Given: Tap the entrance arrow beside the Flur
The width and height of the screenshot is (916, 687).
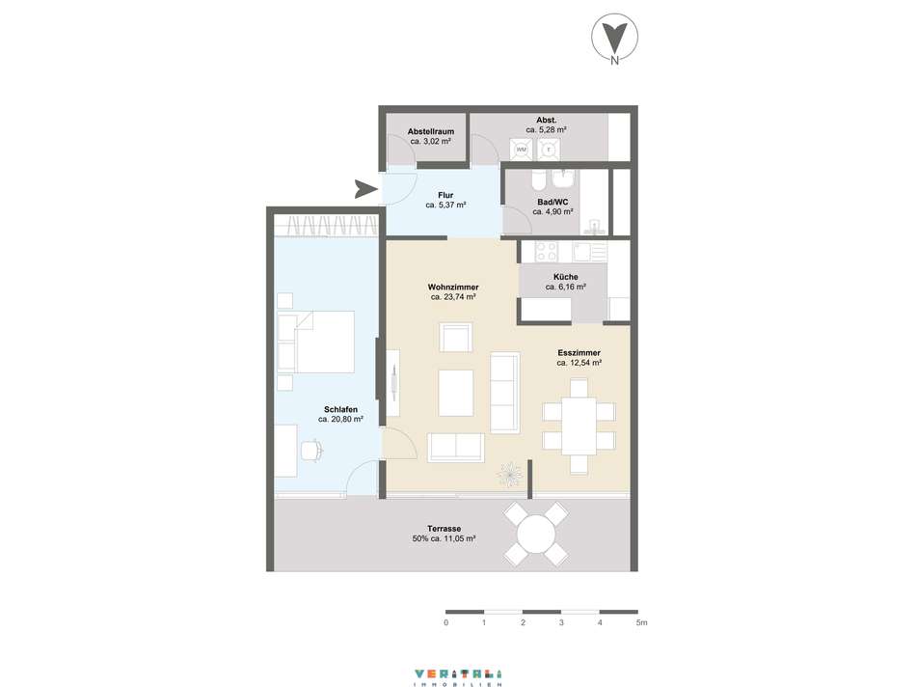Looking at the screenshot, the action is [365, 189].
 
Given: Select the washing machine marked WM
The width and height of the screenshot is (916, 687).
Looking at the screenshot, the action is [521, 150].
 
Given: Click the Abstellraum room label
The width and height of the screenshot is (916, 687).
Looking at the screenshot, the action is [431, 131].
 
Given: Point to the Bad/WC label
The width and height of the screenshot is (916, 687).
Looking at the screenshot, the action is [552, 202].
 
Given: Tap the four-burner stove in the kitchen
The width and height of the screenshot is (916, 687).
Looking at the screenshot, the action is [547, 252].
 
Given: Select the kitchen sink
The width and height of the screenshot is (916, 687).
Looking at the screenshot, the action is [589, 252].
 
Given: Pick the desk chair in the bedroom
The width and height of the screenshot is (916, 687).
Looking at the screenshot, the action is [311, 451].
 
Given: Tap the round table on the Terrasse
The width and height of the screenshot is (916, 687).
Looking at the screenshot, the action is [536, 534].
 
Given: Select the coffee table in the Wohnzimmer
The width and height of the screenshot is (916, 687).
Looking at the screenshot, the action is [456, 393].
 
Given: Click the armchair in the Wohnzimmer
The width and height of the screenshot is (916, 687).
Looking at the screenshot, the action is [456, 338].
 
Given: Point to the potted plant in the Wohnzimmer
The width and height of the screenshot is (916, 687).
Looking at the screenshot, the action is [510, 474].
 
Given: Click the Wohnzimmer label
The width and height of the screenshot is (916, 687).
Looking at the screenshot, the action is [453, 288].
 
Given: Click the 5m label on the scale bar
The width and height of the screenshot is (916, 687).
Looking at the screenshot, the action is [641, 622].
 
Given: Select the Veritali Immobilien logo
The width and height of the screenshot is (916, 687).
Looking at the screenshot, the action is [458, 677].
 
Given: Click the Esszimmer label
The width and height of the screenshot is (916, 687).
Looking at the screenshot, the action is [579, 353].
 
